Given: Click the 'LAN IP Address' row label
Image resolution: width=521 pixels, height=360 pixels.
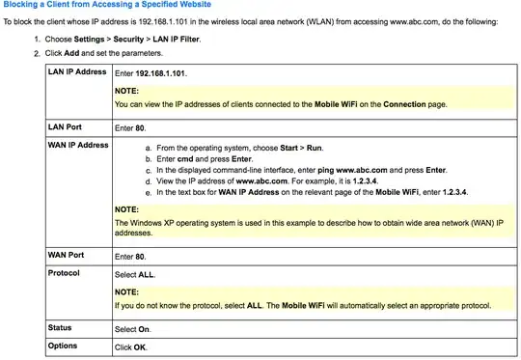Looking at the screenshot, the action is (77, 73).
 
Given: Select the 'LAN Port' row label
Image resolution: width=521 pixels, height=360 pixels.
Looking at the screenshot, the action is (66, 126).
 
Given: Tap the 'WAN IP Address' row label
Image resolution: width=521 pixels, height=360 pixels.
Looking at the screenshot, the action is (78, 145).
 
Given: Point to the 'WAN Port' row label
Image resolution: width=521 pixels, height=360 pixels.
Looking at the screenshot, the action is (68, 255).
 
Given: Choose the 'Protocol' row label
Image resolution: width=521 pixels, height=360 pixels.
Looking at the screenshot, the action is (64, 273).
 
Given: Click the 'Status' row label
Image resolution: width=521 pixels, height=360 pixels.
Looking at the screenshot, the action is (60, 328).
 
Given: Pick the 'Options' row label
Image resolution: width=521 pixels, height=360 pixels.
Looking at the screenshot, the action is (63, 346).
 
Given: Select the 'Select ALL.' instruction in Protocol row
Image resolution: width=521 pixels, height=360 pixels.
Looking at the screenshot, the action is (135, 274).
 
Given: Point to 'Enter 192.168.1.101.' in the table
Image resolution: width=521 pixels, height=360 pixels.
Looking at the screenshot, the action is (153, 73).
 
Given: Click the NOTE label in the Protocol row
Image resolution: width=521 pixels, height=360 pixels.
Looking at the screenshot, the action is (127, 291).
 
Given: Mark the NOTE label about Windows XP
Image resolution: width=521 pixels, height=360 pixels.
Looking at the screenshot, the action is (127, 208).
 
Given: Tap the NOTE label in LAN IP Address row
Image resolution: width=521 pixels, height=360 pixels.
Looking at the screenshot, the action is (127, 90).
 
